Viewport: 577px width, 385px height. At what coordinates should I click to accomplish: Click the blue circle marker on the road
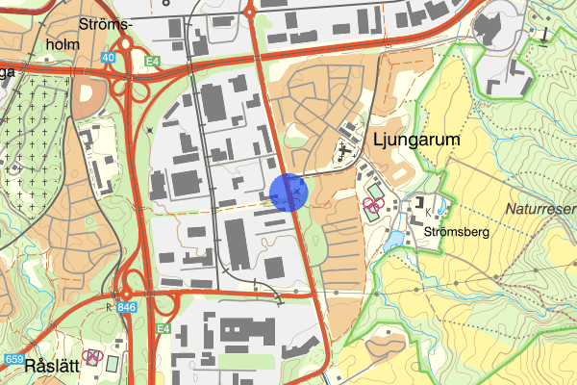coord(288,192)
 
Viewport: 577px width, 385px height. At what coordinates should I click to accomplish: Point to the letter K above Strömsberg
coord(428,210)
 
